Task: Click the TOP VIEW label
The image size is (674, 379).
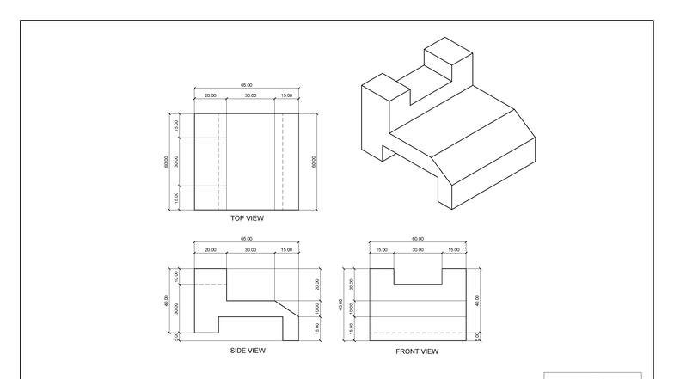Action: (x=247, y=218)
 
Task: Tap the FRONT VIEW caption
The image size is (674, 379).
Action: (x=417, y=351)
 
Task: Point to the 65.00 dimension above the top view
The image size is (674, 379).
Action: (x=247, y=86)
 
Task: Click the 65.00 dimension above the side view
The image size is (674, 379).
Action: (x=247, y=240)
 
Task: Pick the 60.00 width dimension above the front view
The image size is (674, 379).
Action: (x=418, y=240)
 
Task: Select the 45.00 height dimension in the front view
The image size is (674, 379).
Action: (x=341, y=304)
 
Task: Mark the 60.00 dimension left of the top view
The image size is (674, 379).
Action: (x=167, y=161)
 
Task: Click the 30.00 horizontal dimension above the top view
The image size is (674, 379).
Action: (x=250, y=95)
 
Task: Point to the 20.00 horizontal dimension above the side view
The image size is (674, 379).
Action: (x=211, y=250)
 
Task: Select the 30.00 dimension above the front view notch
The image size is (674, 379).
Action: (x=418, y=250)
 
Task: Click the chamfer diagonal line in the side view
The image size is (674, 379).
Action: (x=286, y=308)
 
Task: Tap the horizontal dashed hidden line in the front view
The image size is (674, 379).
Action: (x=418, y=333)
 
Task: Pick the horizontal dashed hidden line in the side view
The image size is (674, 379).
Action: (x=211, y=284)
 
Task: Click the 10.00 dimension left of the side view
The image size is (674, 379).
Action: (x=177, y=276)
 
